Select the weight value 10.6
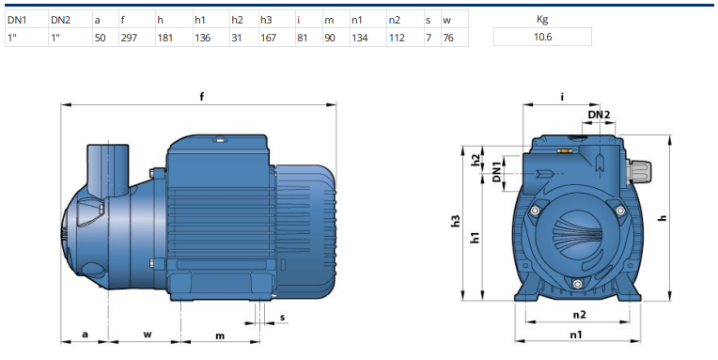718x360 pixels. (x=542, y=37)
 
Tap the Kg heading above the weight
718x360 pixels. (x=542, y=19)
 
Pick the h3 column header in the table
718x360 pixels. (x=266, y=20)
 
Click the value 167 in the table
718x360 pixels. (x=269, y=38)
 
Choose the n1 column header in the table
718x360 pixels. (x=357, y=20)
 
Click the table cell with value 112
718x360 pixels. (x=397, y=38)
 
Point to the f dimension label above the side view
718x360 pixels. (x=201, y=96)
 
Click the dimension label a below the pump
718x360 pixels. (x=85, y=335)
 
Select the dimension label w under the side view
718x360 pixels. (x=148, y=335)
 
